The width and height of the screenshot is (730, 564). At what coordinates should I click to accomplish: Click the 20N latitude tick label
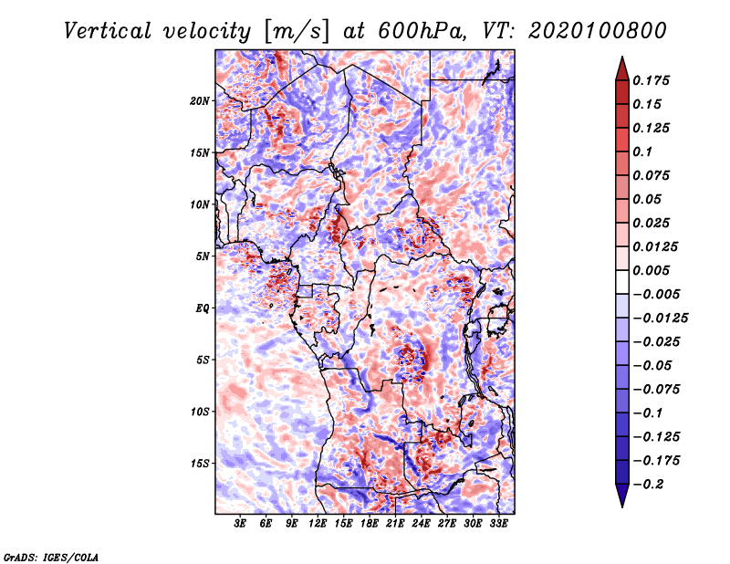point(199,100)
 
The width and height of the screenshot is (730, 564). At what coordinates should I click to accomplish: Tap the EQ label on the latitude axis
point(202,308)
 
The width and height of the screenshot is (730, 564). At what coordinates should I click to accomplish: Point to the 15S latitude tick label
point(199,464)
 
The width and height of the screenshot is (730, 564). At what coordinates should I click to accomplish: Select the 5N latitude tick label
point(203,256)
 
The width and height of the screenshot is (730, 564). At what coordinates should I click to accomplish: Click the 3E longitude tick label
point(240,524)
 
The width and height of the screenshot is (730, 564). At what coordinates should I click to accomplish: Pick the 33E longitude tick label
point(498,524)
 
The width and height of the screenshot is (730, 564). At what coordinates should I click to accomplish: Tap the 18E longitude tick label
point(370,524)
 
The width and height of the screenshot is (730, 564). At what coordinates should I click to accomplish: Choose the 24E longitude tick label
point(421,524)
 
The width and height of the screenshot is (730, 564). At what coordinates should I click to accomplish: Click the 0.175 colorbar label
point(651,80)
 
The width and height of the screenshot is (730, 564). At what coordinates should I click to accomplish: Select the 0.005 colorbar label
point(651,270)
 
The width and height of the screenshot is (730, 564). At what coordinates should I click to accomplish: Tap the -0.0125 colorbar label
point(660,319)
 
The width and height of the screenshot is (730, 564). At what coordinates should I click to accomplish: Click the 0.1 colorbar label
point(642,151)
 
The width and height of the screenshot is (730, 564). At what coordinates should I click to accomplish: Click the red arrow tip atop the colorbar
point(622,57)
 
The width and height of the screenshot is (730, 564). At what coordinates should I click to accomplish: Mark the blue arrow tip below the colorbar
point(622,507)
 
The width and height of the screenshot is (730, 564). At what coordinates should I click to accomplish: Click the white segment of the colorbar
point(622,282)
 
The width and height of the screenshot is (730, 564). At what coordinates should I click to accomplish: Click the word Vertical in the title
point(108,31)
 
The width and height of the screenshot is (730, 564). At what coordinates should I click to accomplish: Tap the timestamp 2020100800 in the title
point(598,31)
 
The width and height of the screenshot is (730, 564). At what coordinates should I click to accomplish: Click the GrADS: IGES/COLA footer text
point(51,557)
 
